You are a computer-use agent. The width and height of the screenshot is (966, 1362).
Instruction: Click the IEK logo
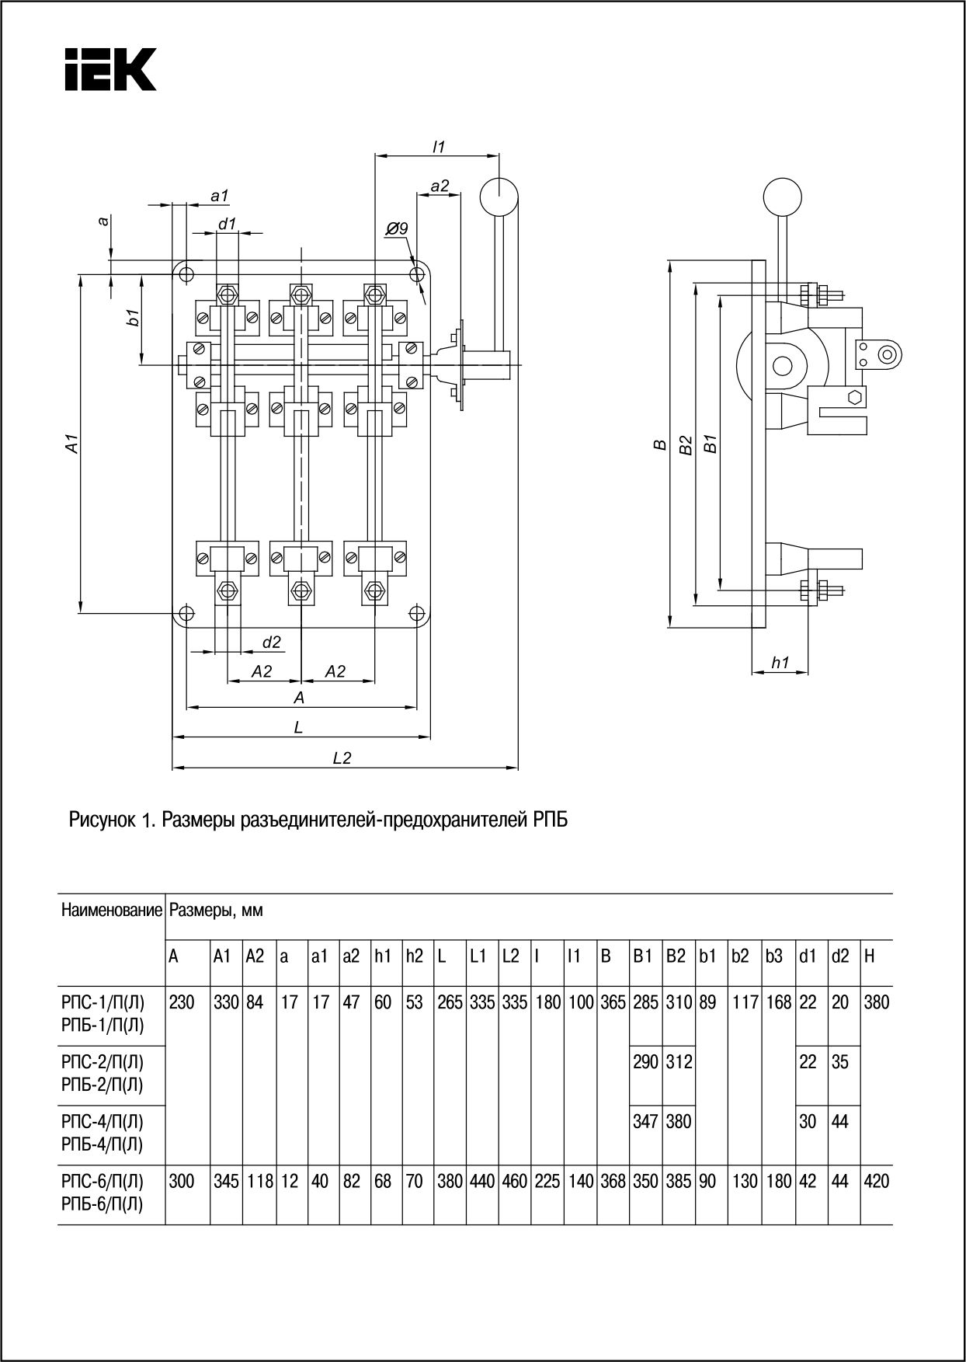[109, 69]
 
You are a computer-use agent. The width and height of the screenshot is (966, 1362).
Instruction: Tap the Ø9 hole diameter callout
[396, 228]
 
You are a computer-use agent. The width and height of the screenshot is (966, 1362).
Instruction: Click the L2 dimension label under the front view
[342, 758]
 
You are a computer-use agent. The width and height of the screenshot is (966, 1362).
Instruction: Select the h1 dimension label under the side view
[780, 662]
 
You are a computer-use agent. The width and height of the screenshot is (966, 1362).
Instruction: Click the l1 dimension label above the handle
[438, 146]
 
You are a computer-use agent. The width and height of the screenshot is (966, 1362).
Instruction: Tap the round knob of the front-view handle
[499, 197]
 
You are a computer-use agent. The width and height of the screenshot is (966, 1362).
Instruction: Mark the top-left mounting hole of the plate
[186, 273]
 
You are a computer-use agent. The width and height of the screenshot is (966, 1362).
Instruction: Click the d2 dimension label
[271, 643]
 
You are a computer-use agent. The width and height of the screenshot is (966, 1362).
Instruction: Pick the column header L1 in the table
[477, 956]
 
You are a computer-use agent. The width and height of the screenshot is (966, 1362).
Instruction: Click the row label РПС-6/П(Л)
[102, 1182]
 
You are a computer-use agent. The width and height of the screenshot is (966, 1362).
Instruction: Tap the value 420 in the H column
[876, 1182]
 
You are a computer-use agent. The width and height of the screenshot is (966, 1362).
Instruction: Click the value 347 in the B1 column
[645, 1121]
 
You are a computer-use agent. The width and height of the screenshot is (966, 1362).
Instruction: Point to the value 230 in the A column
[182, 1001]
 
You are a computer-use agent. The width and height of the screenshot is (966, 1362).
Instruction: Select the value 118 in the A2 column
[259, 1182]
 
